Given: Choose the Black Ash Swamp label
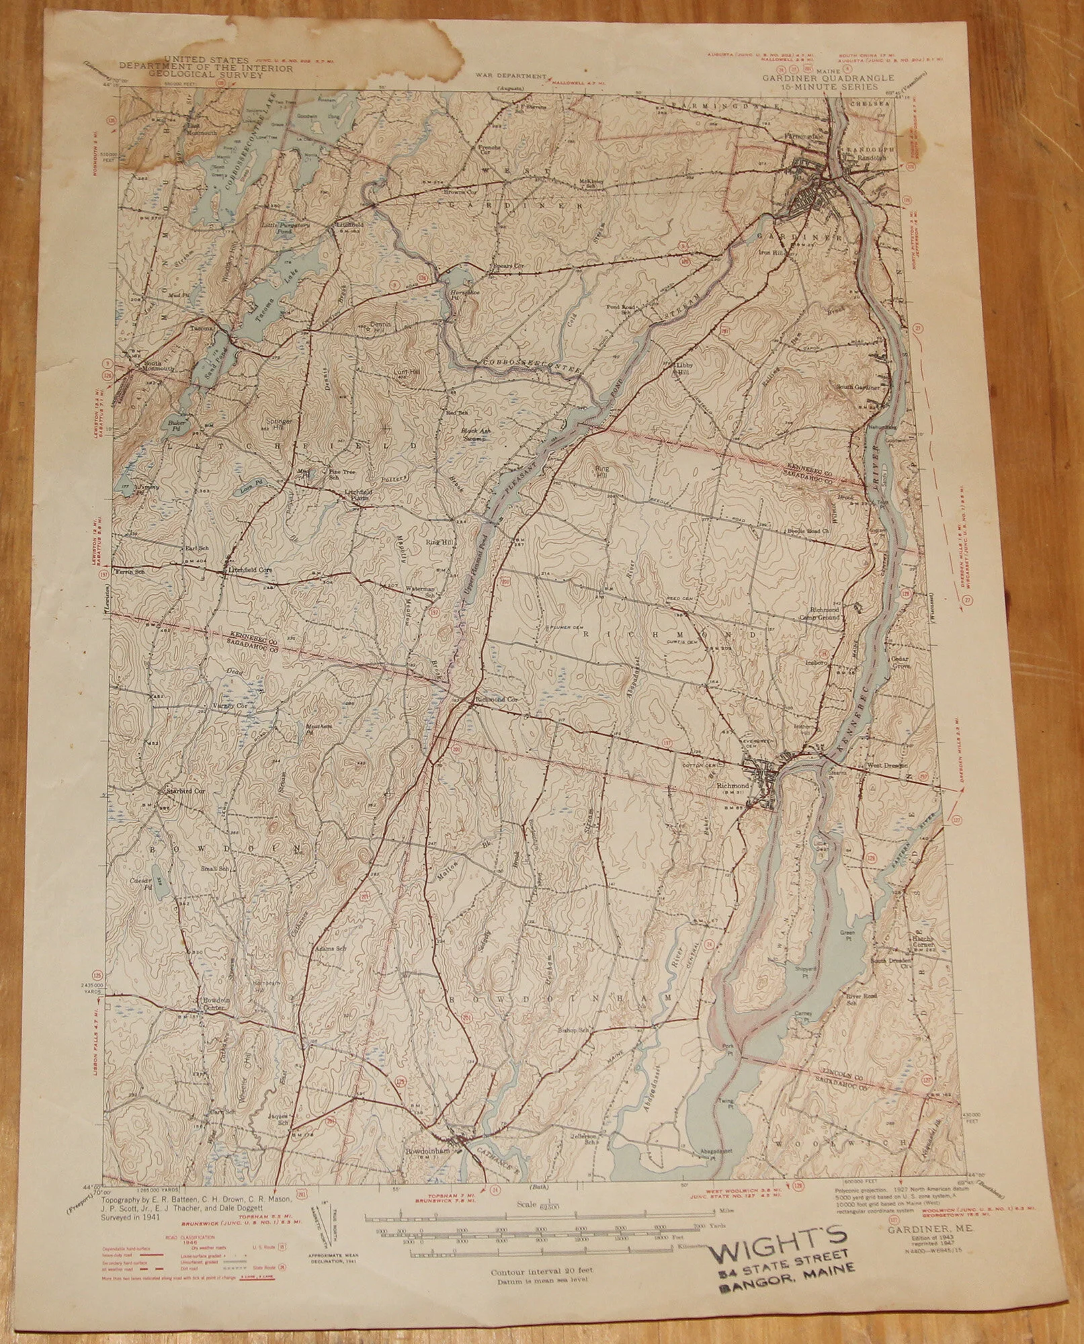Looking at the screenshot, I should [474, 434].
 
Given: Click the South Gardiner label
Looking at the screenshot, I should [864, 386].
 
